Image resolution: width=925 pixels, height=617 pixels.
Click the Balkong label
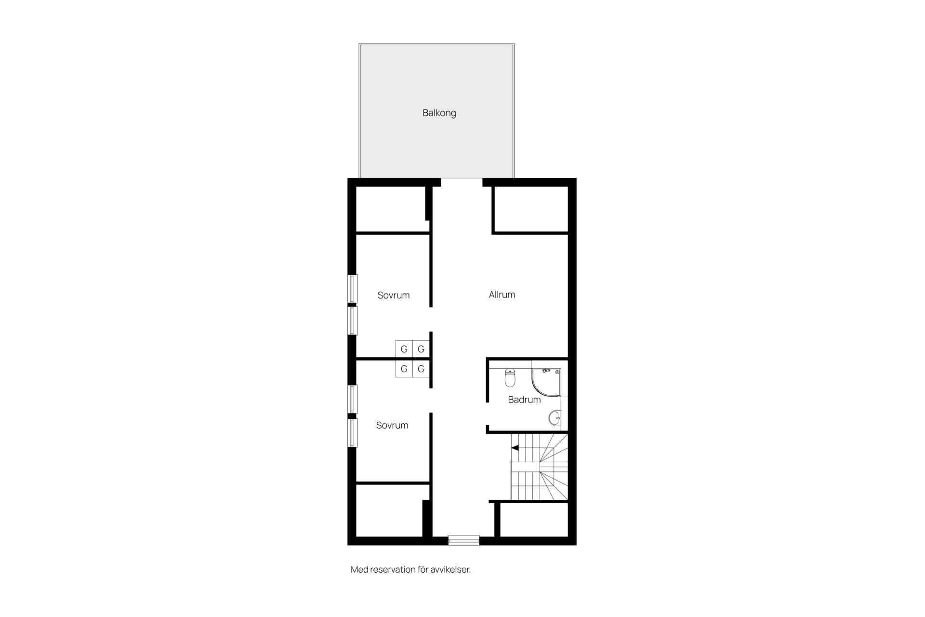(439, 113)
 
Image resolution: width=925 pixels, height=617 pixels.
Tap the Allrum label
(502, 295)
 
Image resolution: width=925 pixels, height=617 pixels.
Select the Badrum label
(524, 400)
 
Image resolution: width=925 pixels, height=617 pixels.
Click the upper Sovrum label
(393, 295)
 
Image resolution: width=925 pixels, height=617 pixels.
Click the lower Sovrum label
(392, 425)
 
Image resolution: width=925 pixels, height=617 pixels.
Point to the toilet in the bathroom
(510, 378)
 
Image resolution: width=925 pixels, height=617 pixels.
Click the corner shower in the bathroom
(546, 383)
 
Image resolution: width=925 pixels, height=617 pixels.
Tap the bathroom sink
(555, 418)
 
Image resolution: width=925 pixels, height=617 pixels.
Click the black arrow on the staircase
(515, 448)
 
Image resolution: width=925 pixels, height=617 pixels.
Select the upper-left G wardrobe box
(404, 349)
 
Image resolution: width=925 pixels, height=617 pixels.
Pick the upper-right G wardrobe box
(421, 349)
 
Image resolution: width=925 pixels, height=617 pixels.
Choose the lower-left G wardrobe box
(404, 369)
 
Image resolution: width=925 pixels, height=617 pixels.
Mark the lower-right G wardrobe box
(421, 369)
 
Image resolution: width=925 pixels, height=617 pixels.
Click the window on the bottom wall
(463, 540)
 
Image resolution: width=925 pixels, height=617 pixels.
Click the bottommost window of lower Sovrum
(353, 433)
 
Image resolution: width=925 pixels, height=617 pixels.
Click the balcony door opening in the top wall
(462, 182)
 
